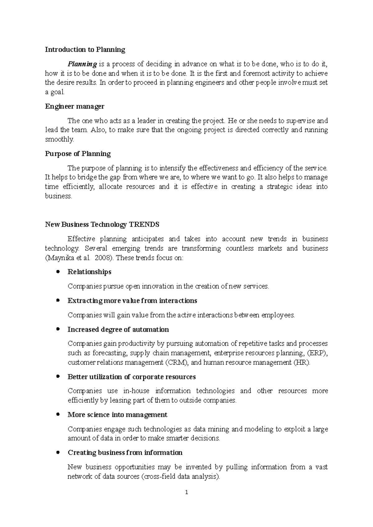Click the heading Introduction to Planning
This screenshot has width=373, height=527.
tap(85, 50)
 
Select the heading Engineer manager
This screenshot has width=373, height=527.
tap(75, 106)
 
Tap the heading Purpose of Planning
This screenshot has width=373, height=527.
tap(78, 154)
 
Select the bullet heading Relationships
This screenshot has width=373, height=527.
tap(89, 272)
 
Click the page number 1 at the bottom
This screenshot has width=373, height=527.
tap(186, 492)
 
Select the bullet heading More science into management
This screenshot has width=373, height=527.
tap(117, 415)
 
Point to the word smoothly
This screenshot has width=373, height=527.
tap(59, 139)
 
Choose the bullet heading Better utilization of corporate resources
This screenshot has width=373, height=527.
tap(131, 377)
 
